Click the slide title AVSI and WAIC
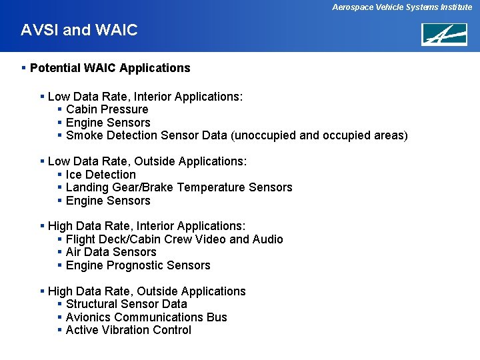point(79,30)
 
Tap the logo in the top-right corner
point(443,34)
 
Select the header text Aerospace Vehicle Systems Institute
point(403,7)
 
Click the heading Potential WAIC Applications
point(110,68)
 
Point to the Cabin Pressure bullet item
point(107,109)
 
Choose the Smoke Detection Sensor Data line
point(237,135)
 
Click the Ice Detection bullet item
point(101,175)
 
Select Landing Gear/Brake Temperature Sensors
point(179,187)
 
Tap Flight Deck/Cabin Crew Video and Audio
point(174,239)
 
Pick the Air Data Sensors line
point(111,252)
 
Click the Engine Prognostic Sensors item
point(138,265)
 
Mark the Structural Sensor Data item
point(127,304)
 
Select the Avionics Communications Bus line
point(146,317)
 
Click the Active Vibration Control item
point(128,330)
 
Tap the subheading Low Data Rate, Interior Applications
point(145,97)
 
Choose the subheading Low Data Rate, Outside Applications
point(147,161)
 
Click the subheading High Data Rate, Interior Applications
point(147,226)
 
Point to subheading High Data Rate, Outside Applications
point(147,291)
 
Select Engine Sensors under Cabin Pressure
point(108,123)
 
